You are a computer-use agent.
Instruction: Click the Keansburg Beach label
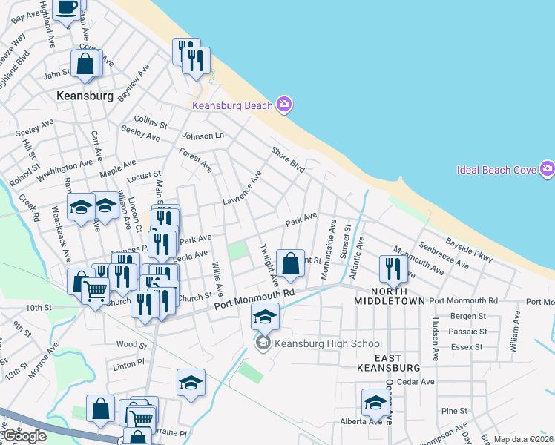tap(232, 105)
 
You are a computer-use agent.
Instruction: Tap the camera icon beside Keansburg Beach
tap(283, 105)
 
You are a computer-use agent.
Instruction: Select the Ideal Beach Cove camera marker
tap(548, 170)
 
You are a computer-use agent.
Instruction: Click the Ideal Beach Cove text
tap(496, 170)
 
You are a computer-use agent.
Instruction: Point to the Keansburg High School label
tap(328, 343)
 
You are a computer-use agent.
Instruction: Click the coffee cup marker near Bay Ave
tap(66, 8)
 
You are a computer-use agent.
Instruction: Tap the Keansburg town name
tap(85, 96)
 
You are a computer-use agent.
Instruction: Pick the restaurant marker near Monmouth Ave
tap(393, 268)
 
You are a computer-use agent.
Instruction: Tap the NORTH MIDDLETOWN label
tap(389, 295)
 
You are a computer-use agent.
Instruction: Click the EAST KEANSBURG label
tap(389, 361)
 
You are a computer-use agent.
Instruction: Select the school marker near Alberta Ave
tap(375, 403)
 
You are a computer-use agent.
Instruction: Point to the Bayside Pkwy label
tap(469, 249)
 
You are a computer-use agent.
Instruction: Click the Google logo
tap(25, 437)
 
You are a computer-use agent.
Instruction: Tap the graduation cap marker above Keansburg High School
tap(265, 317)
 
